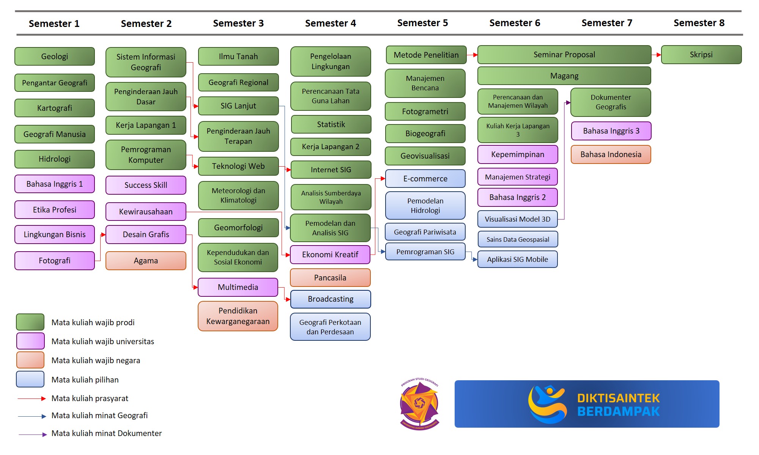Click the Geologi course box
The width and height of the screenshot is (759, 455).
(55, 57)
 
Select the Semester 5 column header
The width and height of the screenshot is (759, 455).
(422, 23)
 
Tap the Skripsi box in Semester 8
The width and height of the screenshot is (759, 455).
(701, 55)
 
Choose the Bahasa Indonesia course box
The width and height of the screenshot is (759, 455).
(611, 154)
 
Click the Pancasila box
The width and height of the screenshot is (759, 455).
(330, 278)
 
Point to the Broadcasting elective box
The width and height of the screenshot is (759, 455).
(330, 299)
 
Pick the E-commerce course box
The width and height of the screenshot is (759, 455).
(425, 179)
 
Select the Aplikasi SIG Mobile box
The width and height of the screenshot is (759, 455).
(517, 260)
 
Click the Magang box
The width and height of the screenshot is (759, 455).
(564, 76)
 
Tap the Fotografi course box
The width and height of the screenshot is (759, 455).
(55, 261)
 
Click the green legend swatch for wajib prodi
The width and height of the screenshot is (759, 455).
(30, 322)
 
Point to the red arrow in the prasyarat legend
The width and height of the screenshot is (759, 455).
(32, 398)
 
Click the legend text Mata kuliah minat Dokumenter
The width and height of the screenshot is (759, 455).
(107, 433)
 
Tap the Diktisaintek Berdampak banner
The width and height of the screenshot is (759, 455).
(587, 404)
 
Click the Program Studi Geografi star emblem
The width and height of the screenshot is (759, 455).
(419, 404)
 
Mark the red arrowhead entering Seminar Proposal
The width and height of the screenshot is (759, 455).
(475, 55)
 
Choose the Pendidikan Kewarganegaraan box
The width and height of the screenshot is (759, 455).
(238, 316)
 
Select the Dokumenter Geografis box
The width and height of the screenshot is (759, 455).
(611, 102)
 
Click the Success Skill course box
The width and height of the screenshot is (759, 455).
(146, 185)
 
